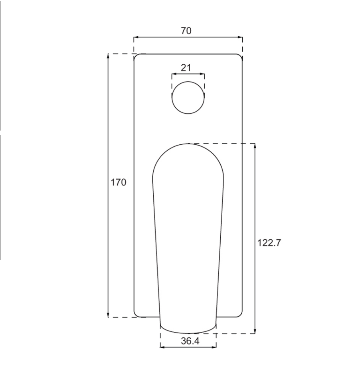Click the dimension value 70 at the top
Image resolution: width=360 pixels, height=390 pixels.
(x=186, y=31)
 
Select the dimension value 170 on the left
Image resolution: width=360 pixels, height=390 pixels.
(x=119, y=183)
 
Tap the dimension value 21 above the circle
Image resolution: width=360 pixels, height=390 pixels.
(x=186, y=67)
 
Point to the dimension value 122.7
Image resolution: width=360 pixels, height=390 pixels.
(x=269, y=242)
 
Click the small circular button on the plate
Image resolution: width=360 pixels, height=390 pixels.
(x=188, y=98)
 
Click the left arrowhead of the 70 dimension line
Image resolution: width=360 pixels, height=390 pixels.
(x=135, y=37)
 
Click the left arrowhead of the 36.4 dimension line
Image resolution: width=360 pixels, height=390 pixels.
(x=162, y=347)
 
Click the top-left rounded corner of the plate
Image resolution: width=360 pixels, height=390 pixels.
(x=136, y=56)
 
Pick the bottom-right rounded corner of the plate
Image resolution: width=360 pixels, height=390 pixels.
(x=241, y=315)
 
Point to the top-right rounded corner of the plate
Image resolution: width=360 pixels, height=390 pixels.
(x=241, y=56)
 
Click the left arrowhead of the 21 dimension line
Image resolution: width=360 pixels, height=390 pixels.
(x=173, y=74)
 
